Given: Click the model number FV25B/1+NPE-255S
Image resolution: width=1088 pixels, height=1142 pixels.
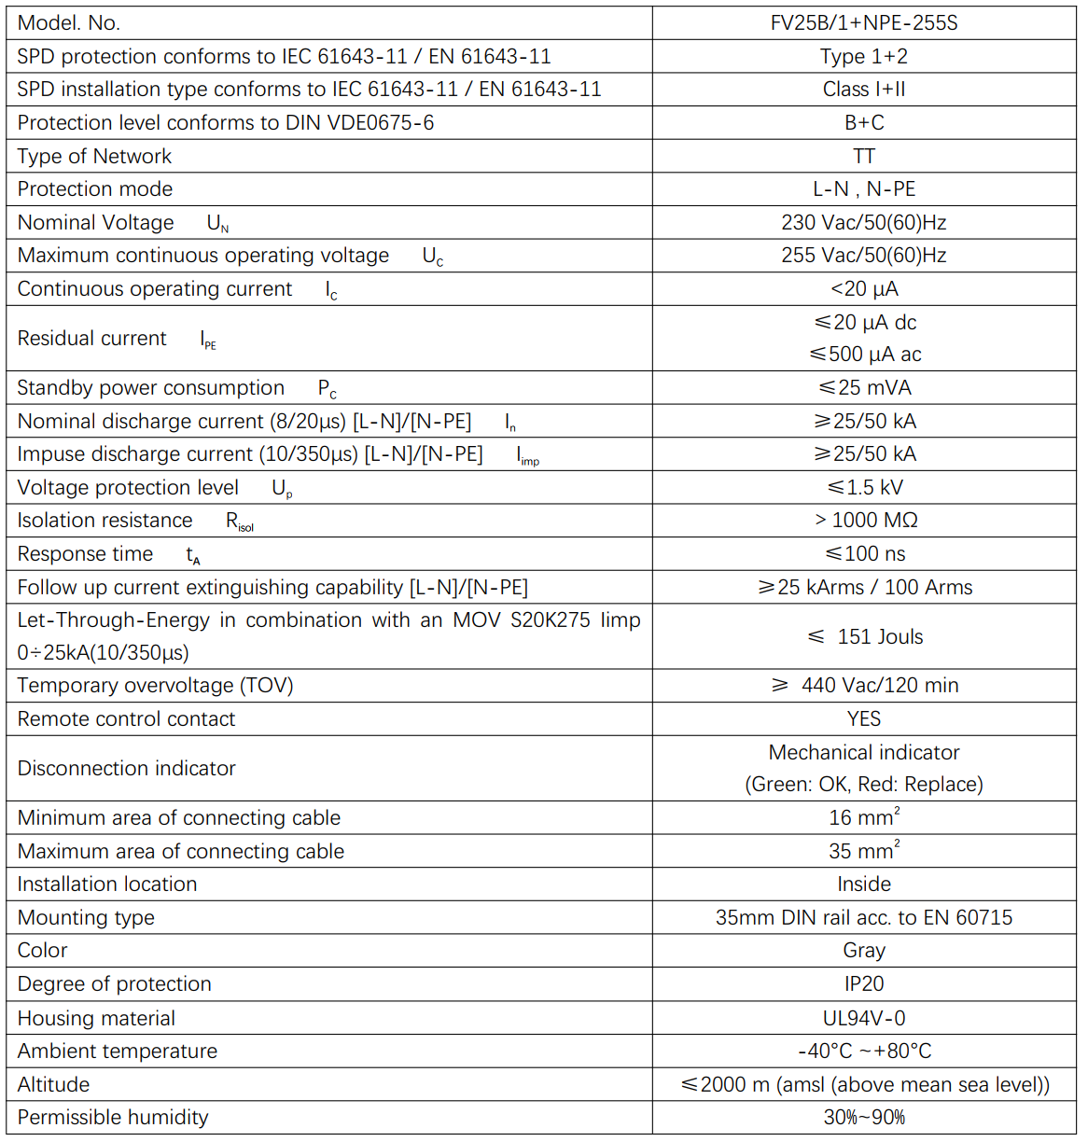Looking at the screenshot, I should (x=863, y=23).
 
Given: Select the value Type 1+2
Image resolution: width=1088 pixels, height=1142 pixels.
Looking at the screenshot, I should (x=863, y=57).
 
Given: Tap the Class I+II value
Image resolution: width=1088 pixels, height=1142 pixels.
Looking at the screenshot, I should (x=863, y=90).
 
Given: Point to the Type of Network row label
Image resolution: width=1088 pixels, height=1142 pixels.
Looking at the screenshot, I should (x=94, y=156).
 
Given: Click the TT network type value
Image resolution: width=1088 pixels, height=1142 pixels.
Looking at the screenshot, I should (x=863, y=156).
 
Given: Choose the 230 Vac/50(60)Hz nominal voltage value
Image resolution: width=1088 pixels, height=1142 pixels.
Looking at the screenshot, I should (x=863, y=222).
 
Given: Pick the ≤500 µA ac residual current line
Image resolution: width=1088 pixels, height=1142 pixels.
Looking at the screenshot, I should (x=865, y=355).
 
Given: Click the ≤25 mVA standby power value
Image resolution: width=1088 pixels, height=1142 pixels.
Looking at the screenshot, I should (x=864, y=388).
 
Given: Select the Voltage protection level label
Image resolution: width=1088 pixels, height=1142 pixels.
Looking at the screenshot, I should (x=128, y=488).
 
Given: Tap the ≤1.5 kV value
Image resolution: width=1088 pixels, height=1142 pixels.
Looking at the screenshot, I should (x=864, y=488).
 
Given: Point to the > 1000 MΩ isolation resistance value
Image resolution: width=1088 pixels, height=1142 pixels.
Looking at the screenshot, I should (x=865, y=521).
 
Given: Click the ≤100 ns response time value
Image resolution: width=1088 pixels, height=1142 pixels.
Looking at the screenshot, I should (x=864, y=554).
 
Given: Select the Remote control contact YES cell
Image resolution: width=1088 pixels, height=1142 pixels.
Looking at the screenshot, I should (x=863, y=719).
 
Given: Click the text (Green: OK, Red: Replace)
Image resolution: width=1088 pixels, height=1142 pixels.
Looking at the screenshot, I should (x=863, y=785).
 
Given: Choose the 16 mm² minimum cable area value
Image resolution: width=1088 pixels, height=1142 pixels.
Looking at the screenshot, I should (x=863, y=818).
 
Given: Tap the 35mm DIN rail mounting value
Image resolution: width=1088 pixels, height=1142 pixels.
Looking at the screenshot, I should (x=863, y=918).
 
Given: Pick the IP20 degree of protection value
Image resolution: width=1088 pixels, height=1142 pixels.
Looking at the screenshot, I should (x=863, y=984).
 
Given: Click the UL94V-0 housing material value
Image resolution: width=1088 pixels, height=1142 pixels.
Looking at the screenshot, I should (x=863, y=1018).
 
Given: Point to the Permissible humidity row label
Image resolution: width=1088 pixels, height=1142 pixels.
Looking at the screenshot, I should (x=113, y=1118).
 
